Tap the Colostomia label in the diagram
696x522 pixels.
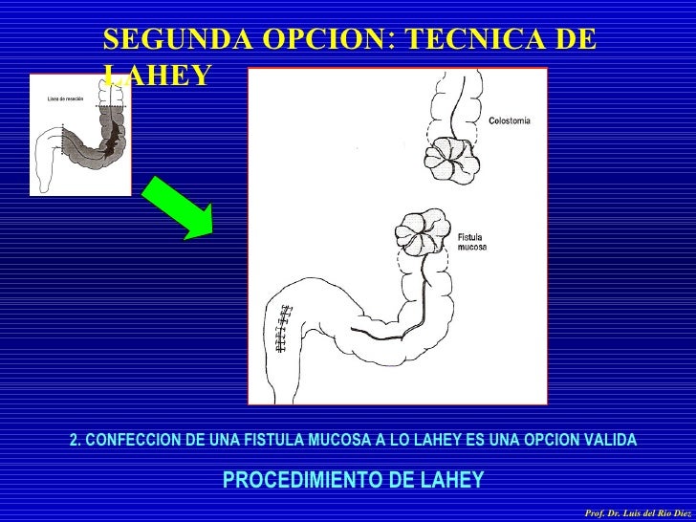[x=509, y=120]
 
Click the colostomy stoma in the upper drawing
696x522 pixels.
[x=446, y=154]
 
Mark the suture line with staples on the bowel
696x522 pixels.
[x=281, y=328]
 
